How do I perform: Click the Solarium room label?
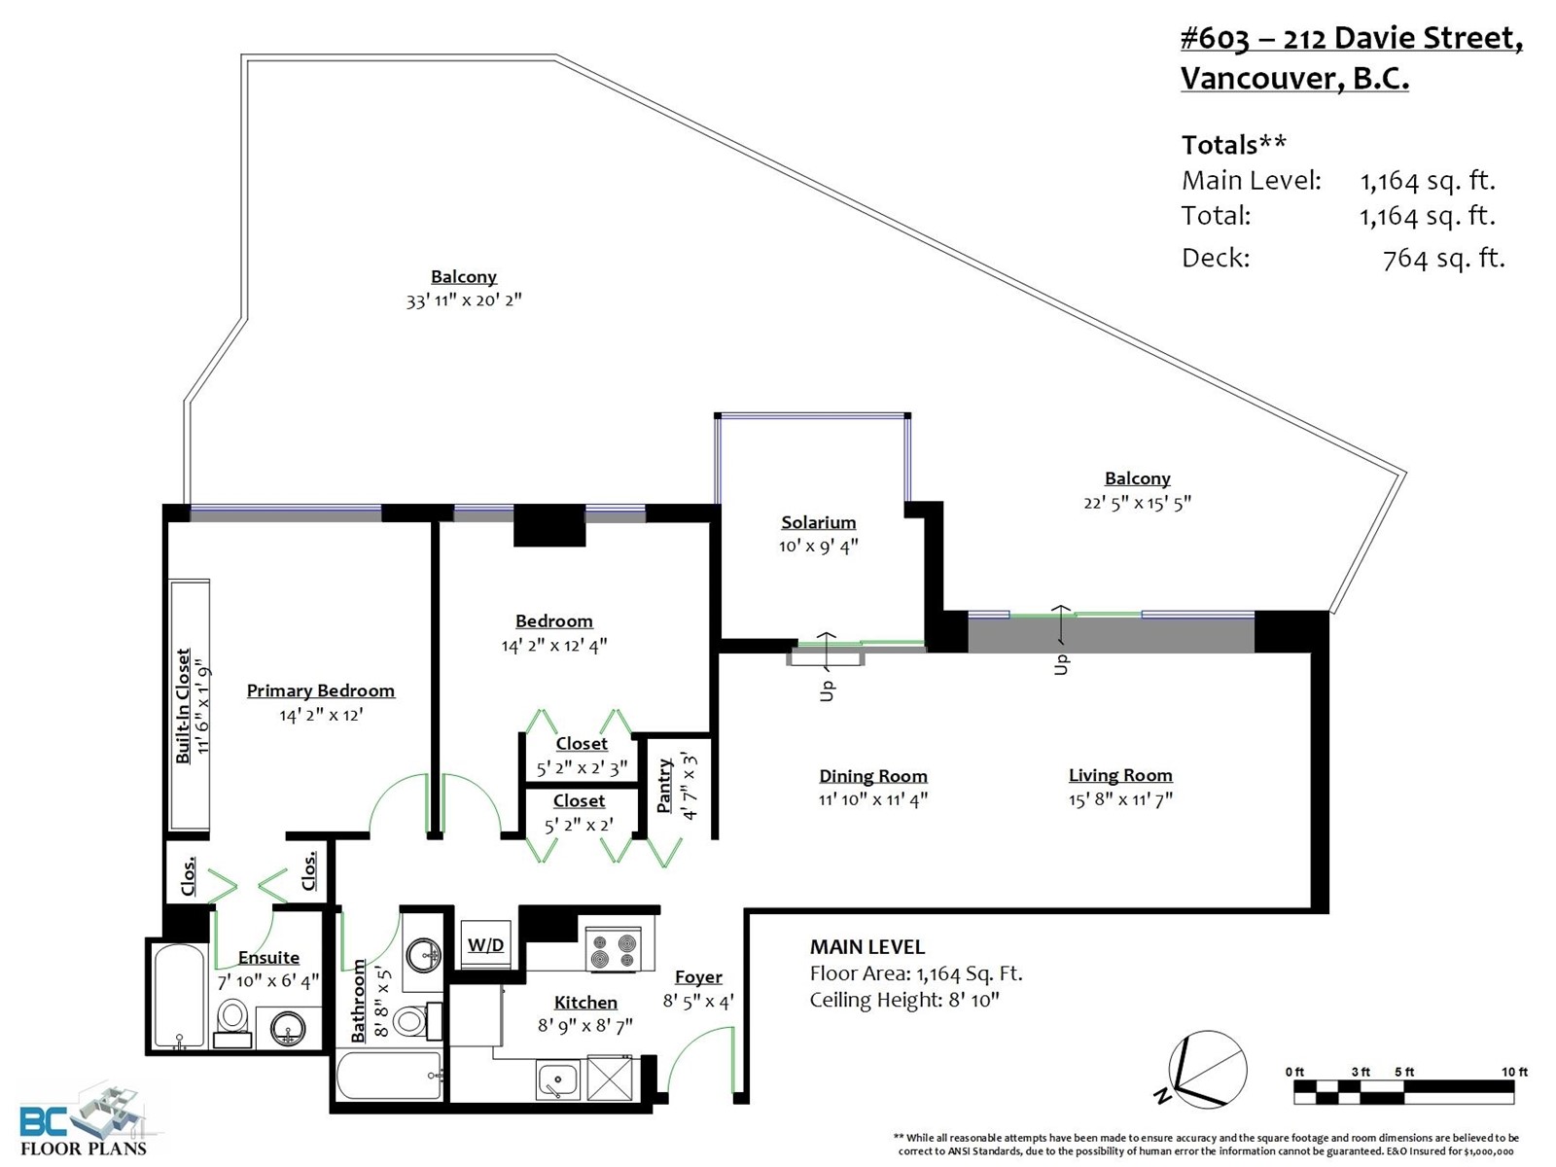(818, 522)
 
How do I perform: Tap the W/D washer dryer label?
(485, 944)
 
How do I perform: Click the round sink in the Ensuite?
(288, 1027)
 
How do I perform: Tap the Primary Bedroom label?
(320, 690)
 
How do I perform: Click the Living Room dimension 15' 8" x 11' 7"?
(1120, 799)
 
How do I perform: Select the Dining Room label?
(873, 776)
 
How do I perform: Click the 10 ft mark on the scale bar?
(1514, 1072)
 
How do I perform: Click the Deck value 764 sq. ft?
(1444, 259)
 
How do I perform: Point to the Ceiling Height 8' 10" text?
(904, 1000)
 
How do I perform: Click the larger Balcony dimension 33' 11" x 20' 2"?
(464, 300)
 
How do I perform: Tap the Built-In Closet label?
(183, 706)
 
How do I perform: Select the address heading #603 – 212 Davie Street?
(1351, 39)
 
